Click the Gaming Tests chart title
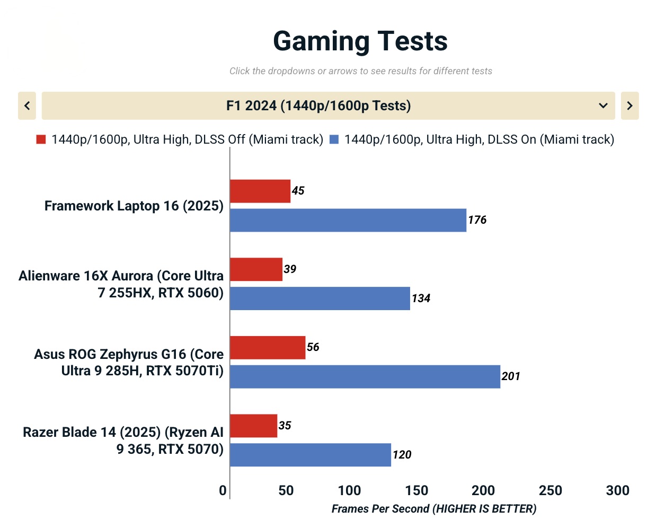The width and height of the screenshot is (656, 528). (x=360, y=41)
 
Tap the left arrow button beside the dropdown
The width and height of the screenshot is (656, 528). (x=27, y=105)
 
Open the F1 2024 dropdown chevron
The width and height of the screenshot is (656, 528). (x=602, y=105)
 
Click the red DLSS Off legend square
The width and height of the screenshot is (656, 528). (x=41, y=139)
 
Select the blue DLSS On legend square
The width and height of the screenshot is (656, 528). (x=334, y=139)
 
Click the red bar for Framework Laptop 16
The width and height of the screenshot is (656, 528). (x=260, y=191)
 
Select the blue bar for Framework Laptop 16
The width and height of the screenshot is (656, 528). (x=348, y=220)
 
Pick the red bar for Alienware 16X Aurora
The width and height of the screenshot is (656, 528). (x=256, y=269)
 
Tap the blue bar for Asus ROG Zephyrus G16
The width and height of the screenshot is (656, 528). (x=365, y=376)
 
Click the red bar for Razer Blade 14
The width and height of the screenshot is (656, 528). (x=253, y=426)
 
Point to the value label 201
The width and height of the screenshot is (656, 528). (x=511, y=376)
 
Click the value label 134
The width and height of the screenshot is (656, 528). (x=421, y=298)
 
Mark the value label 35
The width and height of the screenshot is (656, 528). (x=285, y=426)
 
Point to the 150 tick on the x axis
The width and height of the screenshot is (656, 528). (x=416, y=490)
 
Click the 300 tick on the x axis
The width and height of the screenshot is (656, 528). (x=617, y=490)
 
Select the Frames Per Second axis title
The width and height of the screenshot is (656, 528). (x=434, y=509)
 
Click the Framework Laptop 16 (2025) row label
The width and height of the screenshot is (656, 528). (x=134, y=206)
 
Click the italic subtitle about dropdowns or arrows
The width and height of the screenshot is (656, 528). (x=360, y=71)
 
